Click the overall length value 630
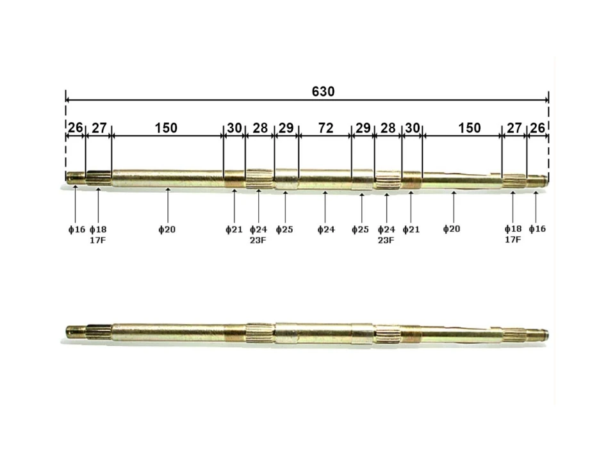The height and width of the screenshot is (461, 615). [323, 92]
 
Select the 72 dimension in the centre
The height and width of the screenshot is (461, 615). [325, 128]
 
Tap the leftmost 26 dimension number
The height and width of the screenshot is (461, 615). [76, 127]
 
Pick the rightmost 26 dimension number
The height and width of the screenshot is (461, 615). [537, 128]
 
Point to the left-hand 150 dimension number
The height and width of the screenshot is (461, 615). [166, 128]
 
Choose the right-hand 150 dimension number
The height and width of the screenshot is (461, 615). [470, 128]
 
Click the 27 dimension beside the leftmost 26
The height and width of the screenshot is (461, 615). [99, 128]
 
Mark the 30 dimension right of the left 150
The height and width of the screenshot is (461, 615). [234, 128]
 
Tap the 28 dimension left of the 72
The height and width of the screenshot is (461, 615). [260, 128]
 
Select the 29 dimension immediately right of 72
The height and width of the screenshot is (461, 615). [363, 128]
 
